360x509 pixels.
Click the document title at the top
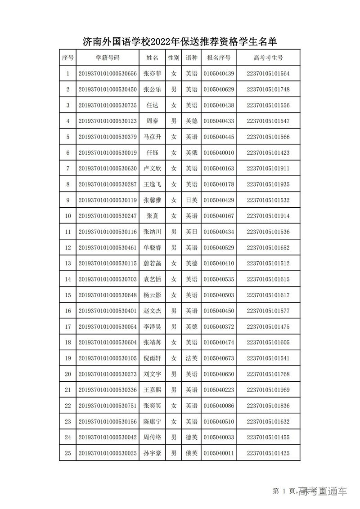pos(180,42)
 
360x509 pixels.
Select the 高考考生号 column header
pos(268,58)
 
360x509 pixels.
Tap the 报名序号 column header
pos(219,58)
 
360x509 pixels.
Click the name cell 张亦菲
pos(152,74)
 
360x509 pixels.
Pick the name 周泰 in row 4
pos(152,121)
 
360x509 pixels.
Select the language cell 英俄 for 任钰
pos(192,153)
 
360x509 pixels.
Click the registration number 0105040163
pos(219,169)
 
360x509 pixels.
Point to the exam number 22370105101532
pos(268,200)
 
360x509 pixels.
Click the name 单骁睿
pos(152,248)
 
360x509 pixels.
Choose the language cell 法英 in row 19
pos(192,358)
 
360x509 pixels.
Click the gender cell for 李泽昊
pos(173,327)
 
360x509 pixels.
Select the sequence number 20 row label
pos(68,374)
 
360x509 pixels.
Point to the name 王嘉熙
pos(152,390)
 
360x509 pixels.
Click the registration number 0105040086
pos(219,406)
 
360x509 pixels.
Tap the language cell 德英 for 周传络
pos(192,438)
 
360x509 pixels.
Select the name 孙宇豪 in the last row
pos(152,453)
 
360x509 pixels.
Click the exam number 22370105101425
pos(268,453)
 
